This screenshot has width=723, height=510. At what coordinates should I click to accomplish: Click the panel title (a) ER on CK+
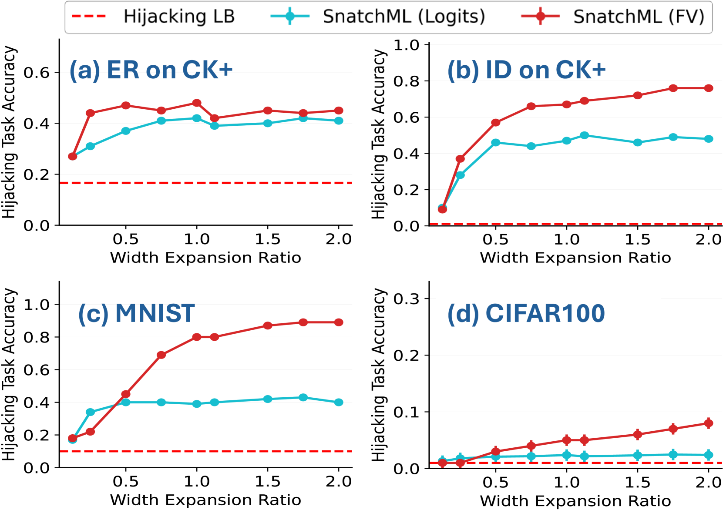(151, 70)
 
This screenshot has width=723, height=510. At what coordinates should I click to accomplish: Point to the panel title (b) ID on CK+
(526, 70)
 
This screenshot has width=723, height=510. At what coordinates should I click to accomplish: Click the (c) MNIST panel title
(136, 313)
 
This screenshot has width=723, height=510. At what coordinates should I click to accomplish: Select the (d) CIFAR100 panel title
(526, 313)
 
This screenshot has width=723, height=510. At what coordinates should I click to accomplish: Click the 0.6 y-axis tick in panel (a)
(37, 73)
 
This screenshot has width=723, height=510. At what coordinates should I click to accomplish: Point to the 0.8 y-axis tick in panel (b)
(406, 81)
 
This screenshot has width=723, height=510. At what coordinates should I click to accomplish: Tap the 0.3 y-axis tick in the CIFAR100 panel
(406, 299)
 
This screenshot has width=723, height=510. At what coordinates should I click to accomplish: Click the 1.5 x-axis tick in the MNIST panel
(267, 482)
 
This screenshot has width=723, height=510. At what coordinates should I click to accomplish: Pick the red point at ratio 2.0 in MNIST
(339, 322)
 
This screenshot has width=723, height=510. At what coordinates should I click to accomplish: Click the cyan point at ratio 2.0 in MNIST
(339, 402)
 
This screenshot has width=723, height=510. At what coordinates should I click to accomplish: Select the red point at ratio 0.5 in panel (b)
(495, 123)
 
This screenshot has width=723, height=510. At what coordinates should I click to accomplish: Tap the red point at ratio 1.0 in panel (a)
(197, 103)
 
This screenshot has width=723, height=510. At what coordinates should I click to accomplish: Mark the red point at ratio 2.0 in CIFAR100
(709, 423)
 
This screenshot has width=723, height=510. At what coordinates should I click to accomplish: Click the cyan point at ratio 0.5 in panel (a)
(126, 131)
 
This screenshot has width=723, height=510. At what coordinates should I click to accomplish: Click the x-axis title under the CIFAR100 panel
(575, 501)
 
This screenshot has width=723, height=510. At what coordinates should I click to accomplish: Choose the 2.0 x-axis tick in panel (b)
(708, 239)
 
